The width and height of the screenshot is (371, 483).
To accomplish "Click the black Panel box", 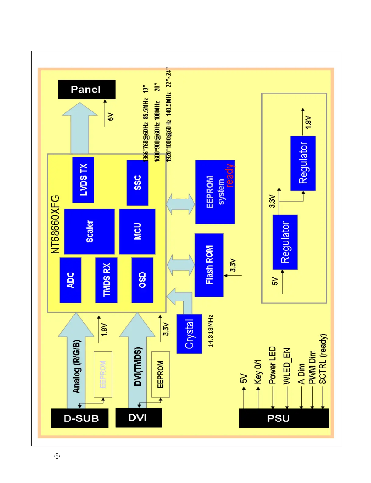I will [87, 90].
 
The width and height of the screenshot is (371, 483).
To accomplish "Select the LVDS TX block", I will [83, 180].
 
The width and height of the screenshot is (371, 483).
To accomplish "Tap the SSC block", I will [137, 182].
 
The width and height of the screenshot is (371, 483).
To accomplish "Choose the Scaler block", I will [89, 231].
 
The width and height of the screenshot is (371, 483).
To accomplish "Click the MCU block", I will [137, 231].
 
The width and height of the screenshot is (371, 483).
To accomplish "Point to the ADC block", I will [70, 280].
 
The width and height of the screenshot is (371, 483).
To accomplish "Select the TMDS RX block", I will [106, 280].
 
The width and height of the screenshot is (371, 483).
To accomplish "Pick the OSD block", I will [142, 280].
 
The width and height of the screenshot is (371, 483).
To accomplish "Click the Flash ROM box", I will [209, 265].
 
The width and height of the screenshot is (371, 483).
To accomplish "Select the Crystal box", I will [189, 334].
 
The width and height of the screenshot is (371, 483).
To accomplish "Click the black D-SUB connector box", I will [80, 418].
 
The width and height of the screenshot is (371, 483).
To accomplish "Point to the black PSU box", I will [284, 418].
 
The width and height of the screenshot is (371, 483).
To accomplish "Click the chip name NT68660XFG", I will [55, 224].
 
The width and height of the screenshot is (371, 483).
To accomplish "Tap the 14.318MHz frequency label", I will [210, 331].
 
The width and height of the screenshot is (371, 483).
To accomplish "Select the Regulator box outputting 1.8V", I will [303, 163].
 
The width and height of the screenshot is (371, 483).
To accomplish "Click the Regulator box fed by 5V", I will [285, 242].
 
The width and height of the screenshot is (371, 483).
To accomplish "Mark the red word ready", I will [230, 175].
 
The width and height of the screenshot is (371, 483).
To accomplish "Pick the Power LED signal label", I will [272, 365].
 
